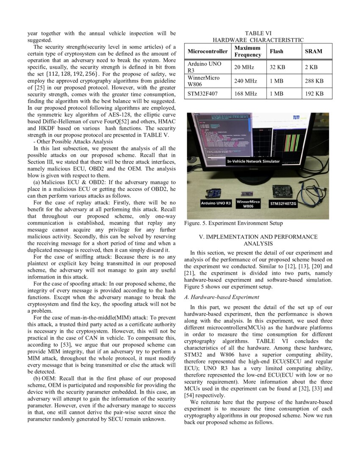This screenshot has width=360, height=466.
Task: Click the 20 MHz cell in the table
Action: point(244,67)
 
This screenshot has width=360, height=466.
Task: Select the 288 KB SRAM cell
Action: point(314,80)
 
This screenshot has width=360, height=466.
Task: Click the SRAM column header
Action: point(313,51)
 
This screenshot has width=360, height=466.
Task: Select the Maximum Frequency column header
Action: point(248,51)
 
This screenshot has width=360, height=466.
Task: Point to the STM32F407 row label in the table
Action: point(202,93)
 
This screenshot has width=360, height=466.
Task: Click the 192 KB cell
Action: point(314,93)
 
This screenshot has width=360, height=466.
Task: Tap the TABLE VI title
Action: point(258,33)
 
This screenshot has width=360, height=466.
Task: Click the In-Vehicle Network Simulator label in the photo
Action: point(253,161)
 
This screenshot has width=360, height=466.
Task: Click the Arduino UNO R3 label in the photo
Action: point(216,203)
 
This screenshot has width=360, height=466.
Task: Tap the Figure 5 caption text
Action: point(233,223)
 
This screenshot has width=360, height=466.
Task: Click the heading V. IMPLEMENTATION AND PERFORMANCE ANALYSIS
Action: point(258,240)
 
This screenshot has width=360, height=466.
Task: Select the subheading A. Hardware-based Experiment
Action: point(222,297)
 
